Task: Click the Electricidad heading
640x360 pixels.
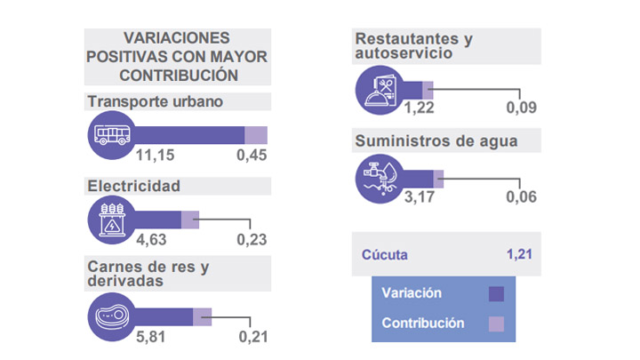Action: click(x=133, y=186)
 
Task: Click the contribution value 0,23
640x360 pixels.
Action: click(x=252, y=240)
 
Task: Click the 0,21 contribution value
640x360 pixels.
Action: click(x=252, y=337)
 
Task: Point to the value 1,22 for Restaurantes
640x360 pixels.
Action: click(x=421, y=108)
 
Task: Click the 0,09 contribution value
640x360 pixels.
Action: click(x=522, y=108)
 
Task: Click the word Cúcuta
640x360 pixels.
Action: click(x=385, y=255)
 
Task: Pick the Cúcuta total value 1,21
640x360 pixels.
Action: click(x=519, y=255)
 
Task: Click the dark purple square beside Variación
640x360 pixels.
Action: click(x=497, y=293)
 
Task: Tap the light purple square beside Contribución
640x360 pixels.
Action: click(x=497, y=324)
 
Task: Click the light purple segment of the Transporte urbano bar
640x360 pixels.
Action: click(x=255, y=135)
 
